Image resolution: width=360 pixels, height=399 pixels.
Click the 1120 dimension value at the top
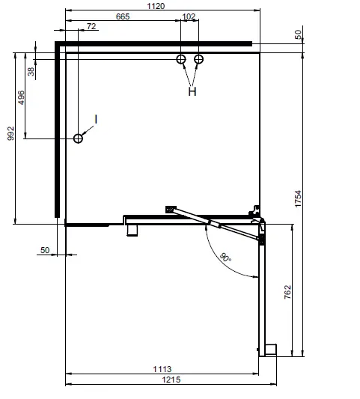pos(156,6)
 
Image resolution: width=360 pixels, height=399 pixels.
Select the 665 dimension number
pos(123,16)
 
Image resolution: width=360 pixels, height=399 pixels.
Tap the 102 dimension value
pos(189,16)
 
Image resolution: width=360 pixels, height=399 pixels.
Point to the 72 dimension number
pos(91,26)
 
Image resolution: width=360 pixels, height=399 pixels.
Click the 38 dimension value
pos(31,72)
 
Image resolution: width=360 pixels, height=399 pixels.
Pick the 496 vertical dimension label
pos(21,97)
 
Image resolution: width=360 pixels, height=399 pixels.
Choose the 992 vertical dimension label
pos(10,133)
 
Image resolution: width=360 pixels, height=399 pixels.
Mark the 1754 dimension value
pos(298,198)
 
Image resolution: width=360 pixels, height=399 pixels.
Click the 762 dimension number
pos(287,292)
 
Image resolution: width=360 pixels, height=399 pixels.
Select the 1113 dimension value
pos(162,369)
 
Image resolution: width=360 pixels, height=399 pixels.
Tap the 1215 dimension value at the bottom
pos(171,380)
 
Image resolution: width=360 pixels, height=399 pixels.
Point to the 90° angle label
pos(225,258)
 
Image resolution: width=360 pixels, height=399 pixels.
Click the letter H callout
pos(192,91)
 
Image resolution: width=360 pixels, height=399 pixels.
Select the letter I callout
pos(96,119)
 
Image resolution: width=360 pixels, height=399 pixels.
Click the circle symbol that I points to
pos(78,138)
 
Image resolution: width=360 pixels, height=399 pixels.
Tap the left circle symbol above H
pos(181,59)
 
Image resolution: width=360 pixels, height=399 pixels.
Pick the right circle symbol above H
pos(198,59)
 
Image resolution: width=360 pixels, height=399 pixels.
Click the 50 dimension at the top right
pos(298,34)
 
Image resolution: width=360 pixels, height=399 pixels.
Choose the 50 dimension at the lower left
pos(45,250)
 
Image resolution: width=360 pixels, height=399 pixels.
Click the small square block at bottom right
pos(271,350)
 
